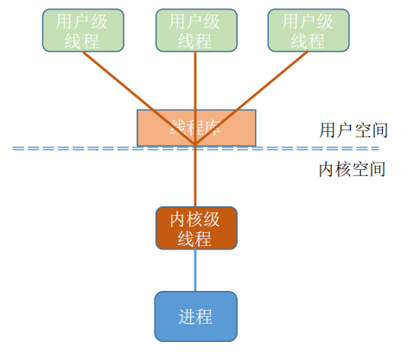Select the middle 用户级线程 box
click(195, 30)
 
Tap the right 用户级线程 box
click(309, 30)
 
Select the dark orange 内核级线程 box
click(196, 228)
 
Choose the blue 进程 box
click(195, 315)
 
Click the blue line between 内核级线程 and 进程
click(196, 270)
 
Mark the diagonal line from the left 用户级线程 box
click(130, 86)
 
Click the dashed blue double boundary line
click(86, 149)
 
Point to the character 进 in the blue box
click(186, 316)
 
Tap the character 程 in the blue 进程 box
click(205, 316)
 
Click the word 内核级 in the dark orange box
click(196, 218)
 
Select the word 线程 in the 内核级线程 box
click(196, 238)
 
